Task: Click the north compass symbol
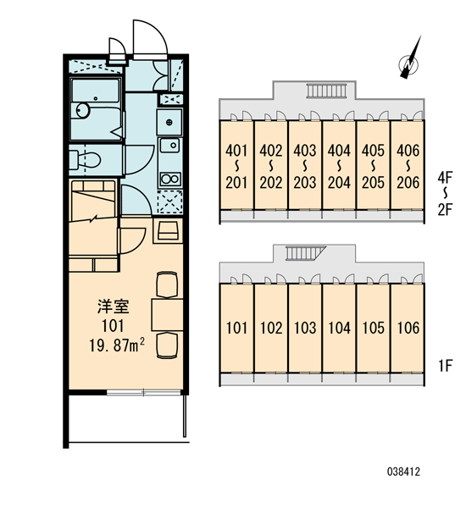coord(409,62)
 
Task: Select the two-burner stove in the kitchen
coord(170,179)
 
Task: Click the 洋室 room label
coord(114,306)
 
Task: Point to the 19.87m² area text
coord(117,345)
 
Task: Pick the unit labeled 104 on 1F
coord(339,328)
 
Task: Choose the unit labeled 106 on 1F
coord(408,328)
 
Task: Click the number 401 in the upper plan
coord(236,151)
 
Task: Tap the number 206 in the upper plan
coord(408,183)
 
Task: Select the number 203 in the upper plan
coord(305,183)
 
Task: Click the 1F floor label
coord(446,366)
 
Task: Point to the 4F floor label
coord(445,177)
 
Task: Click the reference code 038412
coord(403,472)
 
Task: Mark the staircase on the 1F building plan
coord(305,253)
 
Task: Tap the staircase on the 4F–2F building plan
coord(327,91)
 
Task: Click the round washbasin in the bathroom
coord(83,110)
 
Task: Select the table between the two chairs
coord(167,315)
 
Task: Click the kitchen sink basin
coord(169,145)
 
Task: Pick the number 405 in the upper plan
coord(374,151)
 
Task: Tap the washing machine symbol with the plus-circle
coord(169,122)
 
